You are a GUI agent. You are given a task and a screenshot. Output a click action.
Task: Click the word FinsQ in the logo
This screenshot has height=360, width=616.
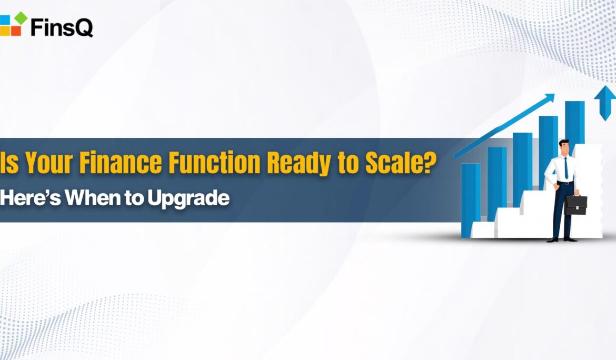tap(62, 27)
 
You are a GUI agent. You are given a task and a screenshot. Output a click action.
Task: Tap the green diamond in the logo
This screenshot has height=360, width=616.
tap(21, 18)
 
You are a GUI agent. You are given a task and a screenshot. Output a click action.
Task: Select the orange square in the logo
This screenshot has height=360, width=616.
tap(16, 31)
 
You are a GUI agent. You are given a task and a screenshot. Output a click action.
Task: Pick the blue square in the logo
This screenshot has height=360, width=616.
tap(4, 20)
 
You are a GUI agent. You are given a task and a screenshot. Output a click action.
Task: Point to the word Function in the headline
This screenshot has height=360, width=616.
tap(214, 162)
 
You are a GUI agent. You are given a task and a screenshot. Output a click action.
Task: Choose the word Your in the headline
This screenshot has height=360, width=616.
tap(49, 162)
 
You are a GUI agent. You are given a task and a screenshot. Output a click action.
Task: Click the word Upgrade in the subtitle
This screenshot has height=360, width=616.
tap(188, 198)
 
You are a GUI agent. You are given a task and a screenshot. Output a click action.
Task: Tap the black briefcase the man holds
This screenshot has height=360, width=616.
tap(575, 204)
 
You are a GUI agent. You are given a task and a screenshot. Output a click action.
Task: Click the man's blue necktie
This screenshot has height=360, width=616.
tap(566, 168)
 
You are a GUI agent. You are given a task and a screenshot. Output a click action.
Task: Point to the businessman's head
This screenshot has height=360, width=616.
tap(564, 147)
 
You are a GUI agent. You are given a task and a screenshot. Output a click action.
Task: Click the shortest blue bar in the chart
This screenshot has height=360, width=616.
tap(471, 200)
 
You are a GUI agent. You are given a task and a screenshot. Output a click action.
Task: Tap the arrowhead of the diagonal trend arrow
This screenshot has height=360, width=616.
tap(549, 98)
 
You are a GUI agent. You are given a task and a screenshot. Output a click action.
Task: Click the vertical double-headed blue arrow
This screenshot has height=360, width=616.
tap(604, 103)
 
